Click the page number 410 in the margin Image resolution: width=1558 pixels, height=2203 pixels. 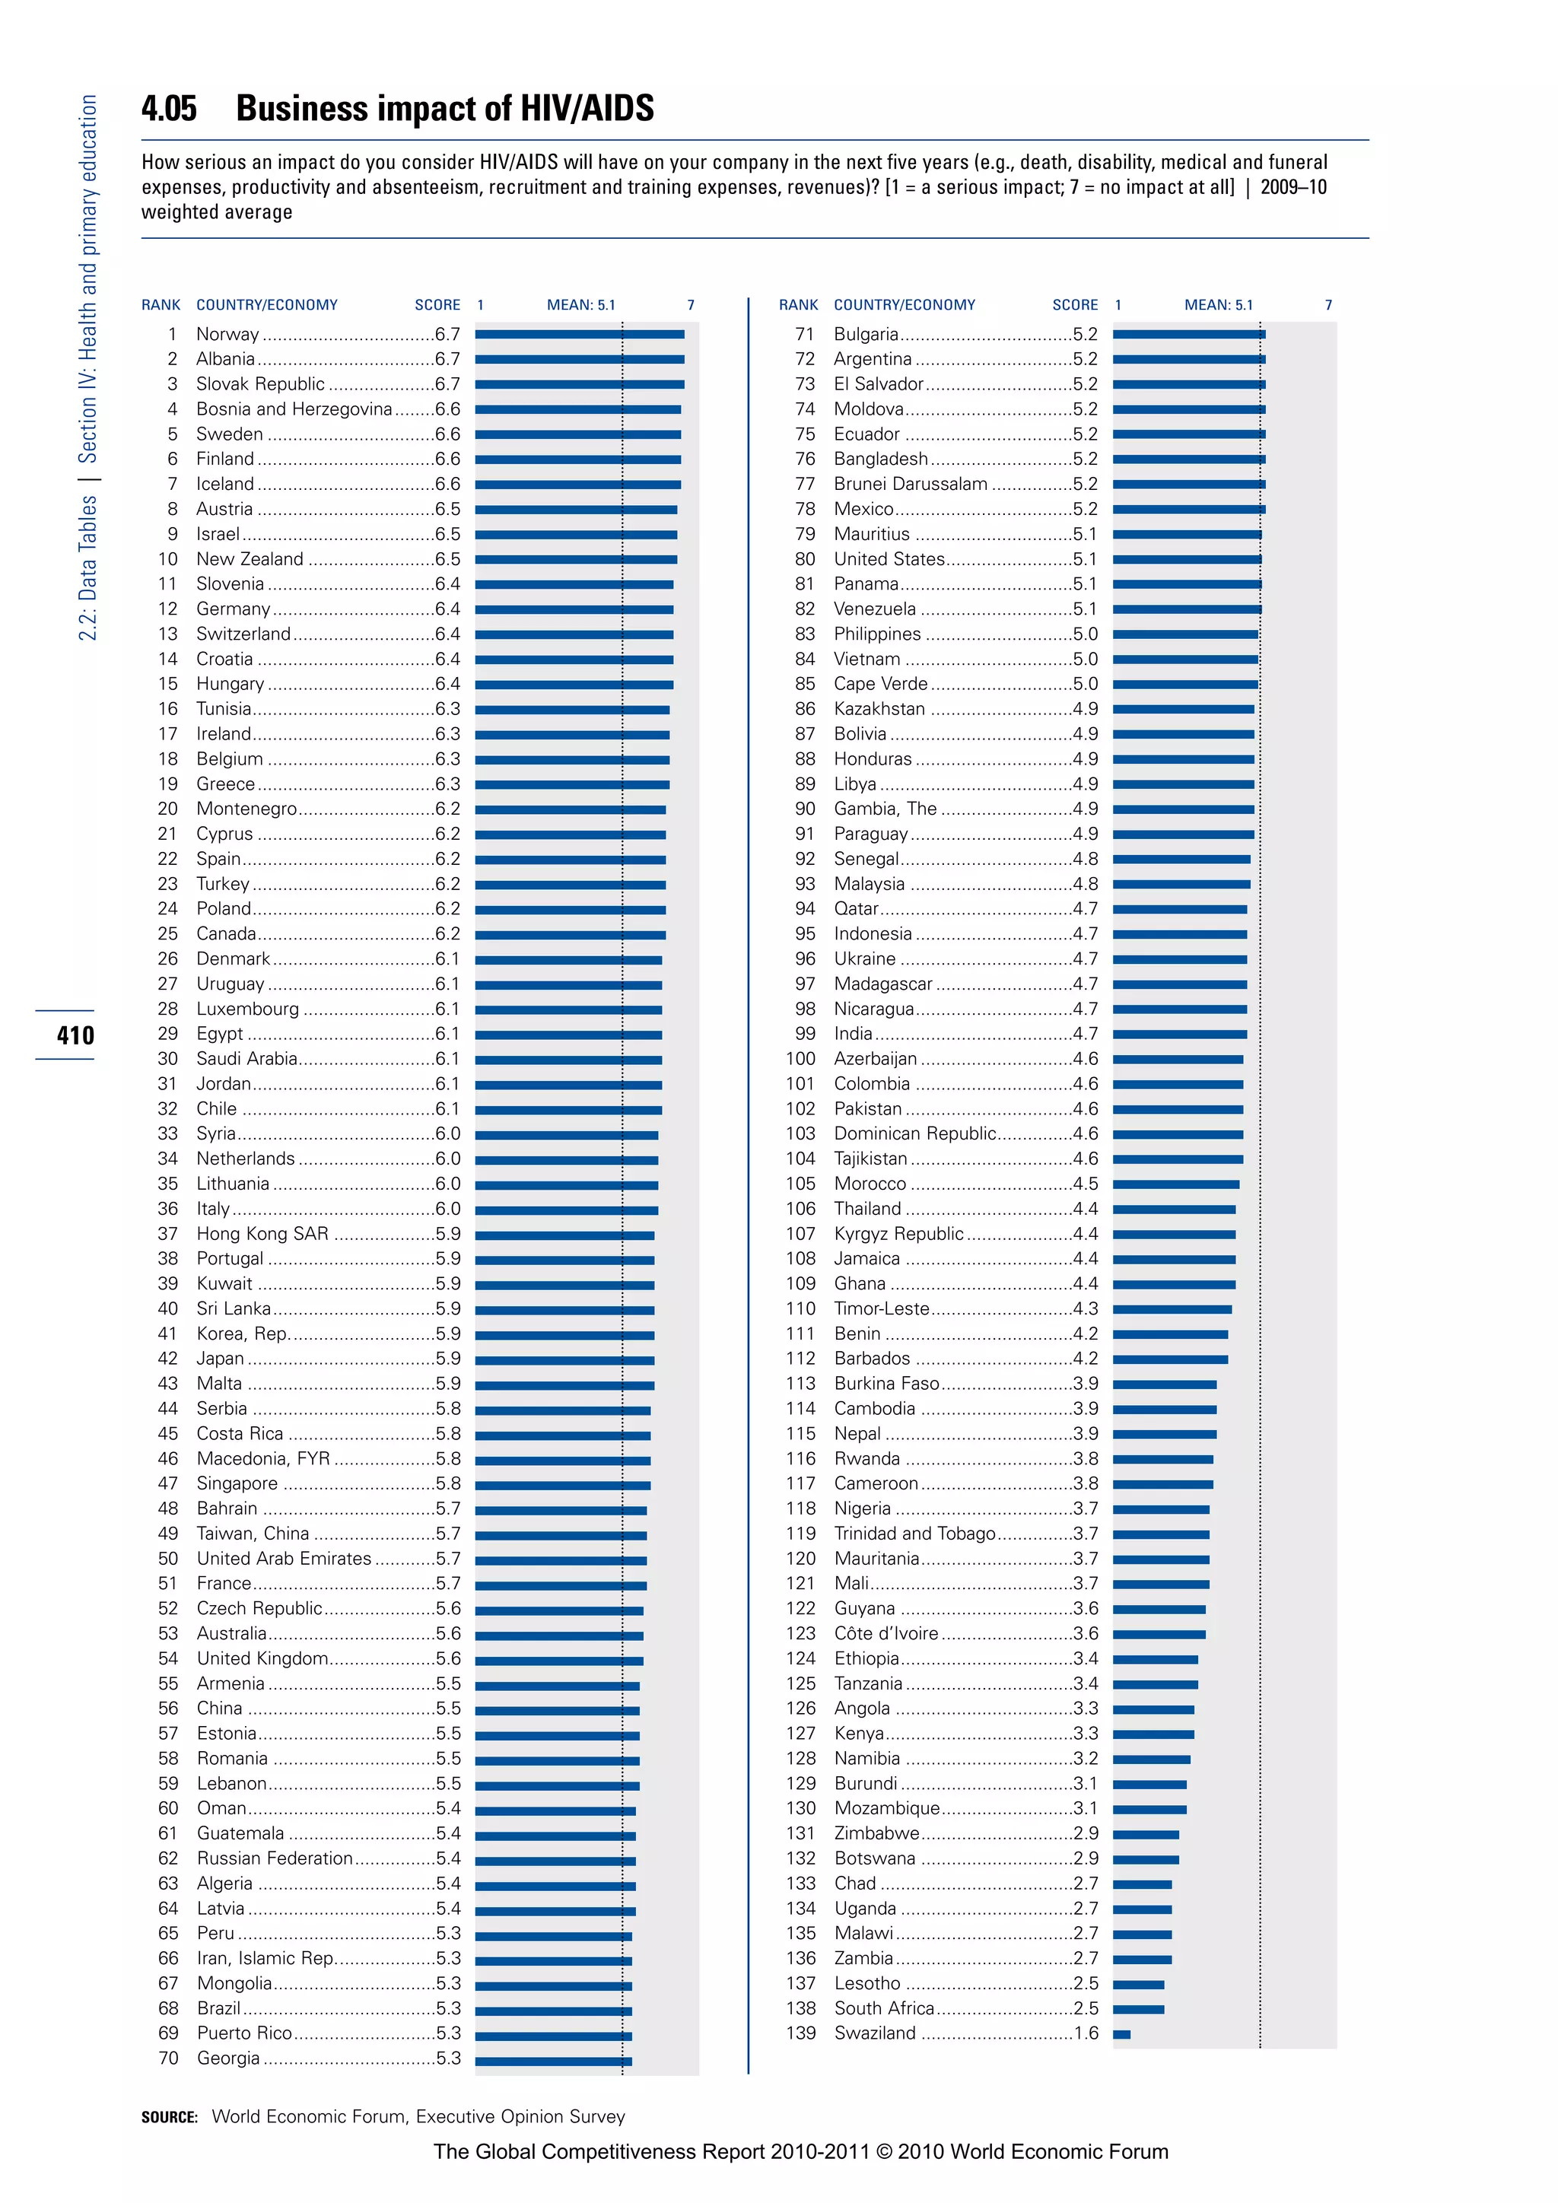pos(75,1035)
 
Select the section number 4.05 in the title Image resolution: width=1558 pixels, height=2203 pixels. pos(169,109)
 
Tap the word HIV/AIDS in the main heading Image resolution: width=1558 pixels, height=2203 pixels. pos(587,109)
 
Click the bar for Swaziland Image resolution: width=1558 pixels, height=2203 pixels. pos(1121,2033)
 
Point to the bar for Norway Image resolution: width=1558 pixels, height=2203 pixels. pos(580,334)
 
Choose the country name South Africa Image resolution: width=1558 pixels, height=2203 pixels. pos(883,2008)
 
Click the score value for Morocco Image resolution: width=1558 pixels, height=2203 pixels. pos(1085,1183)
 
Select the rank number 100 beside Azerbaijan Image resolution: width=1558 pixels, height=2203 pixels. pos(800,1058)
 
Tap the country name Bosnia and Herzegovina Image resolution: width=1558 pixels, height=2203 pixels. pos(294,408)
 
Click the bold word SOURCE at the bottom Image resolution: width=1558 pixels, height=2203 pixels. pos(169,2116)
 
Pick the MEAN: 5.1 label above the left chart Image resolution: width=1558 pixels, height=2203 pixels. pos(580,305)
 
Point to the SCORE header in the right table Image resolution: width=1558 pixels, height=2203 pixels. pos(1074,305)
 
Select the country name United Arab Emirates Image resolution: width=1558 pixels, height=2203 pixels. pos(284,1558)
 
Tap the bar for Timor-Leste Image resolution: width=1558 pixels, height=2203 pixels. pos(1172,1308)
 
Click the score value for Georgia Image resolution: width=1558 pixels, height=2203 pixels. pos(448,2058)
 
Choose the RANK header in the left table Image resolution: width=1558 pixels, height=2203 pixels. pos(161,305)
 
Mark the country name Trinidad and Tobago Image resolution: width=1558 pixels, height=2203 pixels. pos(914,1534)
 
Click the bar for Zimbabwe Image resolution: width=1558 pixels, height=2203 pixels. pos(1146,1833)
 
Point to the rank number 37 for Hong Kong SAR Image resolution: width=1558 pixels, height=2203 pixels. pos(168,1233)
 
